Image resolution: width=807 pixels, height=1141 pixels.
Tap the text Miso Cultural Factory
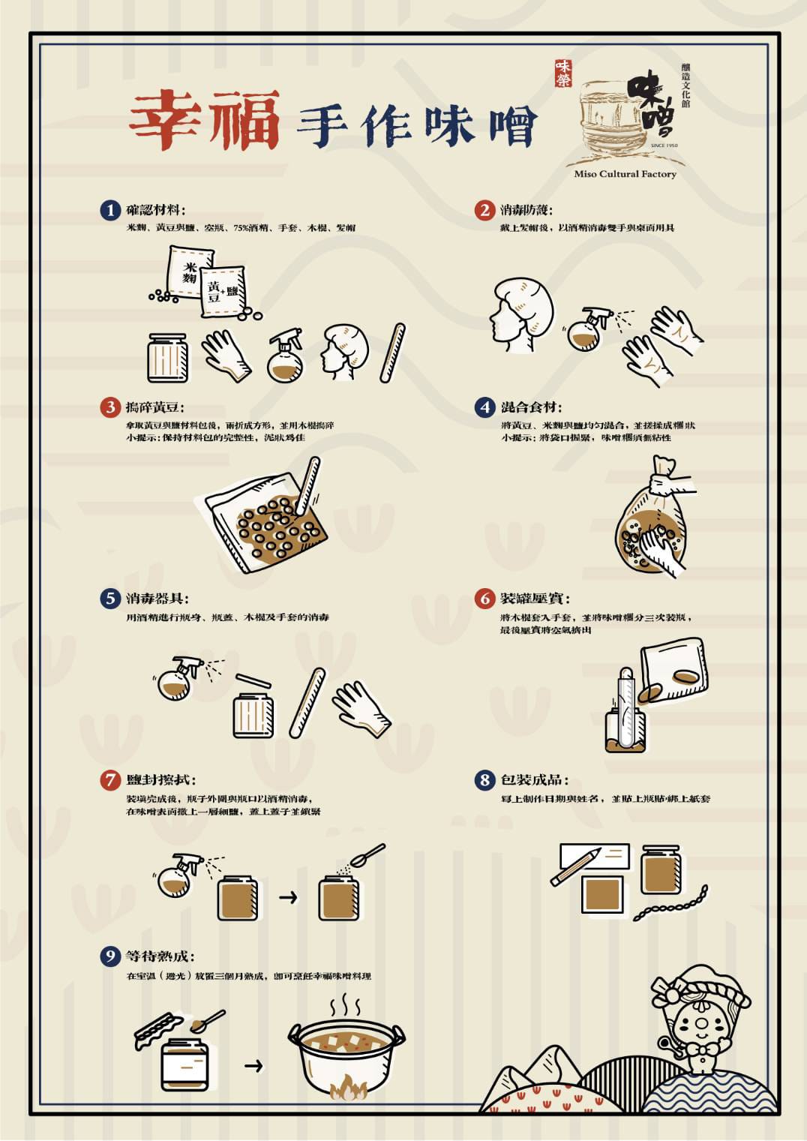click(625, 174)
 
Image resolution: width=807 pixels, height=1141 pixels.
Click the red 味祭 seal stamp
click(562, 74)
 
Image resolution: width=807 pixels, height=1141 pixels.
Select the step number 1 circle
click(110, 210)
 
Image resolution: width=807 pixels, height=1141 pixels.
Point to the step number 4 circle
click(484, 407)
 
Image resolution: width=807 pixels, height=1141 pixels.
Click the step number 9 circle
click(110, 956)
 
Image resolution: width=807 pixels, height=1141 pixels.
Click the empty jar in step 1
click(168, 358)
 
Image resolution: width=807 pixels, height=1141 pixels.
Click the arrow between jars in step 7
click(288, 896)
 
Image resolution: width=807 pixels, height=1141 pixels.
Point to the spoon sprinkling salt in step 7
click(367, 854)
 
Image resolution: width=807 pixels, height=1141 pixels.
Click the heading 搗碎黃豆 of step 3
click(154, 407)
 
